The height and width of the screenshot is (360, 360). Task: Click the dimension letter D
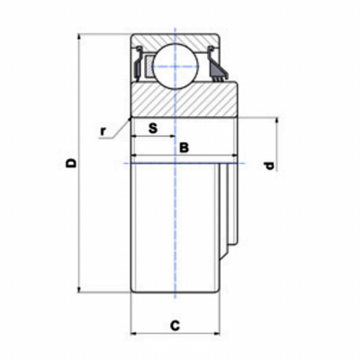tap(72, 163)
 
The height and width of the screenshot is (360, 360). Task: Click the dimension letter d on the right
tap(270, 166)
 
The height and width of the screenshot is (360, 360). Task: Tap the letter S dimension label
tap(153, 128)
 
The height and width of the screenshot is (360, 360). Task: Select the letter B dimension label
tap(184, 148)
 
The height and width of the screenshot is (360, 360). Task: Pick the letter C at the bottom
tap(175, 325)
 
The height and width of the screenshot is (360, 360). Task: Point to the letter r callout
tap(103, 131)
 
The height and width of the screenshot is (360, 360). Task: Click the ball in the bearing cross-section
tap(175, 67)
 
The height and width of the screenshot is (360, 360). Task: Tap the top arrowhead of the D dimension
tap(79, 37)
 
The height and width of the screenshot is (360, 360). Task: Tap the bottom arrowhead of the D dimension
tap(79, 289)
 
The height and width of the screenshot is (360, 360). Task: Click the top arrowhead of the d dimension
tap(276, 121)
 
